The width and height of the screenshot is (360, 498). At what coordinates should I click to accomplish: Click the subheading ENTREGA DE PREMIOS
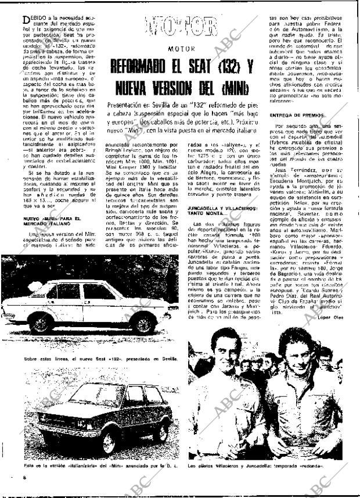[297, 116]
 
